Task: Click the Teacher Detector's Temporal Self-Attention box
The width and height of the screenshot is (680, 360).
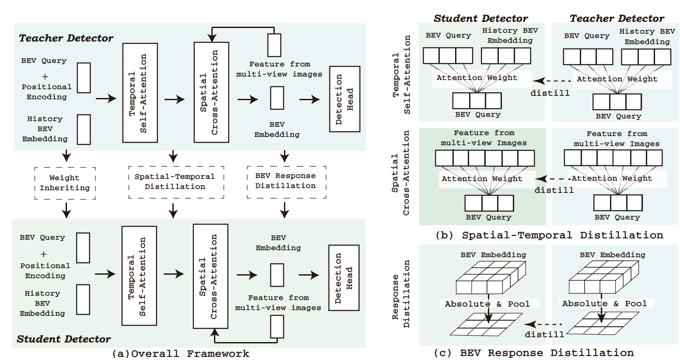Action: click(x=140, y=93)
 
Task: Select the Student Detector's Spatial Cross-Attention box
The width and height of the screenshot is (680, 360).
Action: click(x=210, y=276)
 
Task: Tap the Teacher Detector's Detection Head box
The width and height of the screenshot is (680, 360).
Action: click(x=344, y=99)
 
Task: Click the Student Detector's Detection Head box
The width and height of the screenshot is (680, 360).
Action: click(x=344, y=278)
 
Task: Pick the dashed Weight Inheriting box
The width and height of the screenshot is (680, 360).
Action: click(x=65, y=183)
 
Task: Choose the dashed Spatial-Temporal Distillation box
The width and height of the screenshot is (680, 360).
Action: click(x=176, y=182)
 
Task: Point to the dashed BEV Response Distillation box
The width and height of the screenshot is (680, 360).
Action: click(x=286, y=182)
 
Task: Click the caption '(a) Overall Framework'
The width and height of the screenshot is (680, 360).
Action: click(x=180, y=353)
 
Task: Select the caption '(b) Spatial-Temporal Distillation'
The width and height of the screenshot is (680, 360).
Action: click(x=549, y=235)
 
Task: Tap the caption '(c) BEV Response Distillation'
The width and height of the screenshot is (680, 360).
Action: click(x=534, y=353)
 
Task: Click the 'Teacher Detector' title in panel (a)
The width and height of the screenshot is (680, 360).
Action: click(x=66, y=38)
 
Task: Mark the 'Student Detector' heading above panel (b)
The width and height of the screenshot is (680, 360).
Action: click(x=480, y=18)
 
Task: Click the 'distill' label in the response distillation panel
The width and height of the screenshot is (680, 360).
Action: click(x=544, y=334)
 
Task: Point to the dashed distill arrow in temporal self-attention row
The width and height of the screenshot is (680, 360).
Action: click(x=552, y=81)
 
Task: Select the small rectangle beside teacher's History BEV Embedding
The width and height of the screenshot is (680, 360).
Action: click(x=84, y=129)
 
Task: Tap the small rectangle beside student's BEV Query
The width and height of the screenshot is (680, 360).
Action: click(x=83, y=248)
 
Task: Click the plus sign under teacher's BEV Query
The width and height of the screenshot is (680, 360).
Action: click(x=45, y=77)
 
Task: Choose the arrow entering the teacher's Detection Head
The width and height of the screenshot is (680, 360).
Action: click(x=310, y=100)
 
